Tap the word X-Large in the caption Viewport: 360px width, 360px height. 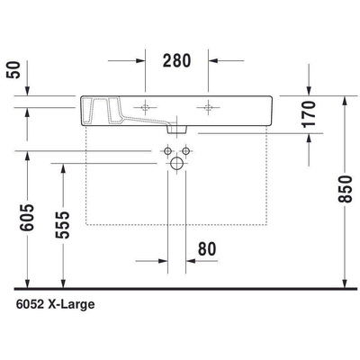tap(76, 304)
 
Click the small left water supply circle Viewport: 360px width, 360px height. tap(166, 148)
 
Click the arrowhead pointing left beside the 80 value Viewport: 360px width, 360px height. tap(193, 260)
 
